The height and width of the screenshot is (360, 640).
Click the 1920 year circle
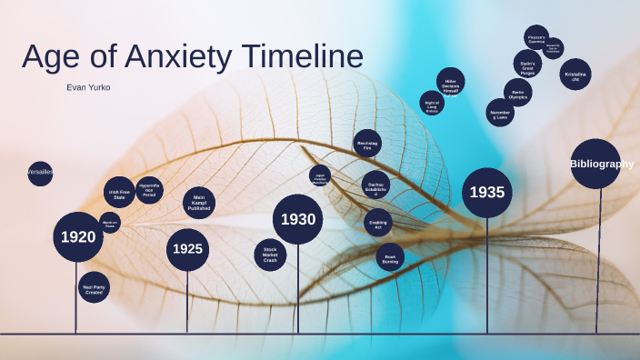[77, 237]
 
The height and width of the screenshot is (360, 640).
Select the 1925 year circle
[187, 249]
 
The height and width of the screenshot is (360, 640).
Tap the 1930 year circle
[297, 219]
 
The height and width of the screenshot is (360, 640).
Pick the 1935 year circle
[486, 193]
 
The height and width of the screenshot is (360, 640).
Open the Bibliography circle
[596, 164]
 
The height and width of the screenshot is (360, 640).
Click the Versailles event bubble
[40, 172]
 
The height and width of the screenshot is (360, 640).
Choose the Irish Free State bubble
[119, 194]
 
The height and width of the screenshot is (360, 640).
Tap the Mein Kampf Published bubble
[199, 203]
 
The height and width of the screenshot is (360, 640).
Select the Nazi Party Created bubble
[94, 287]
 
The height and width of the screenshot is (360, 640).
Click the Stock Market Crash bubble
[270, 255]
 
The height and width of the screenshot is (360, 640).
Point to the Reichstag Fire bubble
[367, 144]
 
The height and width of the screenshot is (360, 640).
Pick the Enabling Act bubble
[378, 223]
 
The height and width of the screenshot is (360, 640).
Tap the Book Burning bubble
[390, 256]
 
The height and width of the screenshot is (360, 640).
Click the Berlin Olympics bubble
[517, 93]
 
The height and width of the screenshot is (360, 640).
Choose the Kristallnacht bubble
[575, 75]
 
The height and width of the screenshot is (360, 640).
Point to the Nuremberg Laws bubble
[499, 113]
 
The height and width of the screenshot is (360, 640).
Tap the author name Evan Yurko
[89, 87]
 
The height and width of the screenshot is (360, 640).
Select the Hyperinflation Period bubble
[149, 190]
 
